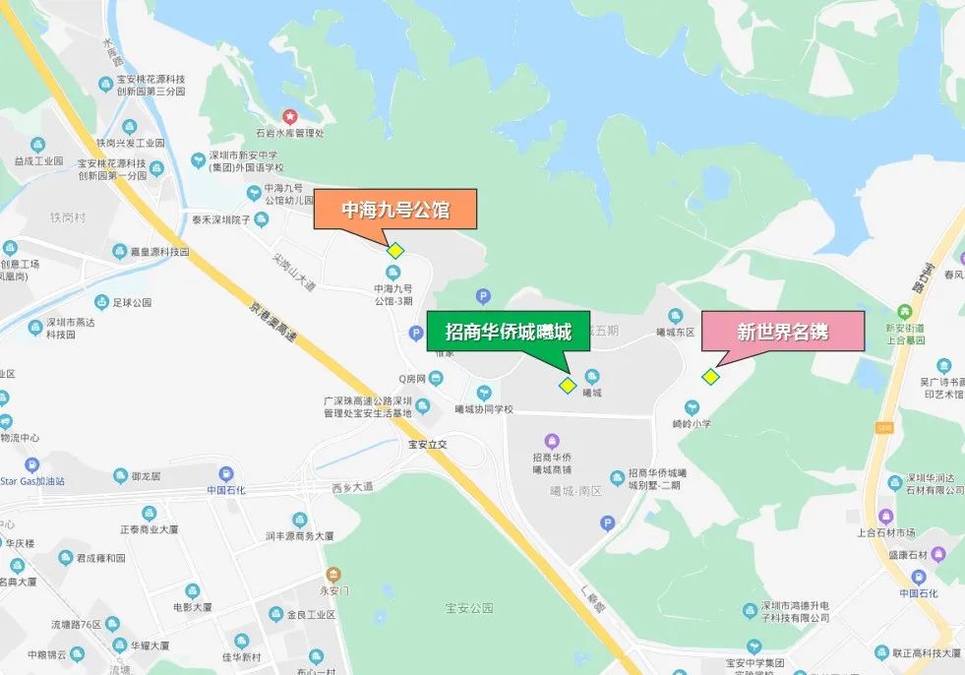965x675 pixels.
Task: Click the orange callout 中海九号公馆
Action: (x=394, y=210)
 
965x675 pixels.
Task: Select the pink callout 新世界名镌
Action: (x=782, y=332)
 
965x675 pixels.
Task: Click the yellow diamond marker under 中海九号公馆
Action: (x=395, y=251)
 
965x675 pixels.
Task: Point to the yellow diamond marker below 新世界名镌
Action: (x=710, y=376)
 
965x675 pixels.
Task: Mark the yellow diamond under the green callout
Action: (x=567, y=385)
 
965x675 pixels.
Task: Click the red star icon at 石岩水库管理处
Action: (x=289, y=116)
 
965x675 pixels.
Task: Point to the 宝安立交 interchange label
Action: (x=428, y=444)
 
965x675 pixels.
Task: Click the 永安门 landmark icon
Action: (x=333, y=575)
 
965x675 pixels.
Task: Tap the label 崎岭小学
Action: (x=692, y=423)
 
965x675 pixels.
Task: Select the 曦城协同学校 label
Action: (x=484, y=409)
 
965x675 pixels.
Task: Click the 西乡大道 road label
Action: (x=352, y=486)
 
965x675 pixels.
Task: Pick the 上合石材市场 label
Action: (x=886, y=532)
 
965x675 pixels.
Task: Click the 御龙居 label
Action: (x=144, y=476)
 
